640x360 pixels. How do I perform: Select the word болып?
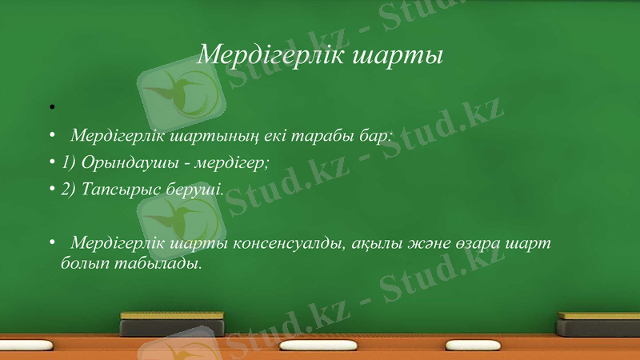(x=83, y=262)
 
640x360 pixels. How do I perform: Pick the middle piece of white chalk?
(x=311, y=347)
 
